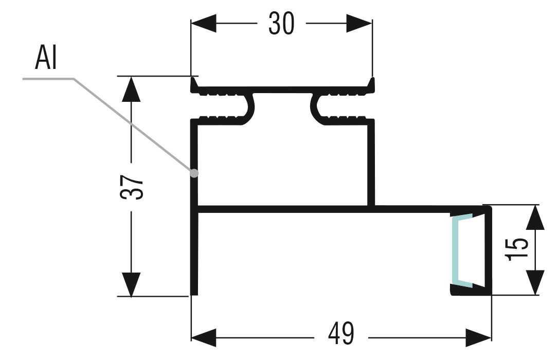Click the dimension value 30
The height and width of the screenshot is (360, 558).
(281, 23)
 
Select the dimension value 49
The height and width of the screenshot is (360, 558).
(341, 334)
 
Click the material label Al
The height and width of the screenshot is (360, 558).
(46, 59)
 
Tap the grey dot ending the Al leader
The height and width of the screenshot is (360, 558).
(194, 173)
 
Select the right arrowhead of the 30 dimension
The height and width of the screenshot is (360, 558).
(361, 24)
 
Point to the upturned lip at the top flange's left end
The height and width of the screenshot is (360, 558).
(193, 84)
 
